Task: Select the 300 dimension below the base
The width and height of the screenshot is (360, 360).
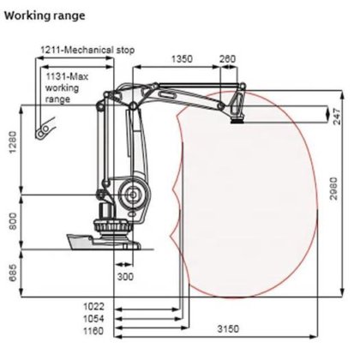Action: point(127,278)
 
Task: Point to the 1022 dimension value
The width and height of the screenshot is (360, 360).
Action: point(95,305)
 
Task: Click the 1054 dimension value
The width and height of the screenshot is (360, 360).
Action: point(95,317)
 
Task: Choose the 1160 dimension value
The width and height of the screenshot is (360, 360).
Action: point(95,329)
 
